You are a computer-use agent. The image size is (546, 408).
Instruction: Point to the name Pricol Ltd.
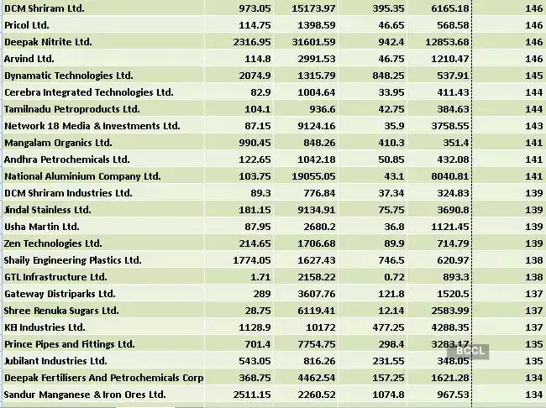(x=27, y=25)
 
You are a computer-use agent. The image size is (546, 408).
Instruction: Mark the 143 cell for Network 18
(x=530, y=126)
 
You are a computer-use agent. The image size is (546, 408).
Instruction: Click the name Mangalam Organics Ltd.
(x=59, y=143)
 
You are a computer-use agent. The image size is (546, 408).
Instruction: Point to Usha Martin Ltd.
(x=42, y=227)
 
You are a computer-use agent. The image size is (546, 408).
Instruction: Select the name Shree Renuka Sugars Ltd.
(x=62, y=311)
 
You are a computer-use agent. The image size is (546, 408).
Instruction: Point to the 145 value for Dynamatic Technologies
(x=530, y=76)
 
